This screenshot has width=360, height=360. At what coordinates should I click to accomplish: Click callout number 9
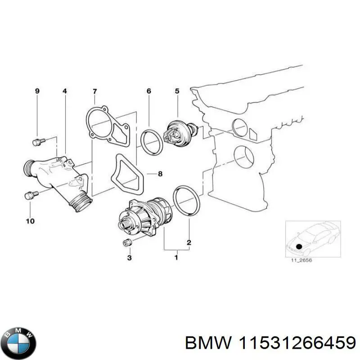click(37, 91)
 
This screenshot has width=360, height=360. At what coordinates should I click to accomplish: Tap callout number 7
click(94, 91)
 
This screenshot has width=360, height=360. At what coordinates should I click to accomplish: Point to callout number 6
click(148, 91)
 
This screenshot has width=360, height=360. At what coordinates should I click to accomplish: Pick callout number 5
click(177, 91)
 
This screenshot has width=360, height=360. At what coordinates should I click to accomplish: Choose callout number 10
click(30, 221)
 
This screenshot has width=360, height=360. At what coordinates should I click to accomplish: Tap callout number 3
click(129, 258)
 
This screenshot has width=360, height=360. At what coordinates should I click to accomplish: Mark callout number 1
click(176, 258)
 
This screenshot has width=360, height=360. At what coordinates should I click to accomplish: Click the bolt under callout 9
click(37, 142)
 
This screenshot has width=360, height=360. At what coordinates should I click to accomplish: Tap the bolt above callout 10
click(30, 196)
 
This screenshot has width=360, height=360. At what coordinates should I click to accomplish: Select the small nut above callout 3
click(127, 243)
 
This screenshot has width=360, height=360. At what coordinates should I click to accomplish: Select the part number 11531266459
click(296, 343)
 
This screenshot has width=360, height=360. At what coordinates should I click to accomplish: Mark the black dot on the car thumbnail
click(299, 247)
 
